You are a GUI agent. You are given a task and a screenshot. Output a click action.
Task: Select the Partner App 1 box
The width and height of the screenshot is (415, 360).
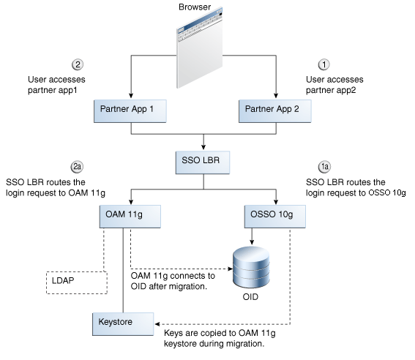click(x=130, y=110)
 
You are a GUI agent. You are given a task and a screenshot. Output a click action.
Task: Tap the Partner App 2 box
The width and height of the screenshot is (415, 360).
click(x=276, y=110)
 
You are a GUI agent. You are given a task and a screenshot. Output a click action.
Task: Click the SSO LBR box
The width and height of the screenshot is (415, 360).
click(x=203, y=162)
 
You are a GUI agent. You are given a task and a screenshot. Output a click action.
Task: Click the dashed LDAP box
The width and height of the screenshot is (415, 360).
click(x=76, y=282)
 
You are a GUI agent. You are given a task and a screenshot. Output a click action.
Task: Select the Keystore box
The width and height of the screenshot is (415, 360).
click(x=123, y=323)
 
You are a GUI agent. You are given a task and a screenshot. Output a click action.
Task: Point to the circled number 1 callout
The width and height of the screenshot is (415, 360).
click(x=324, y=64)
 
